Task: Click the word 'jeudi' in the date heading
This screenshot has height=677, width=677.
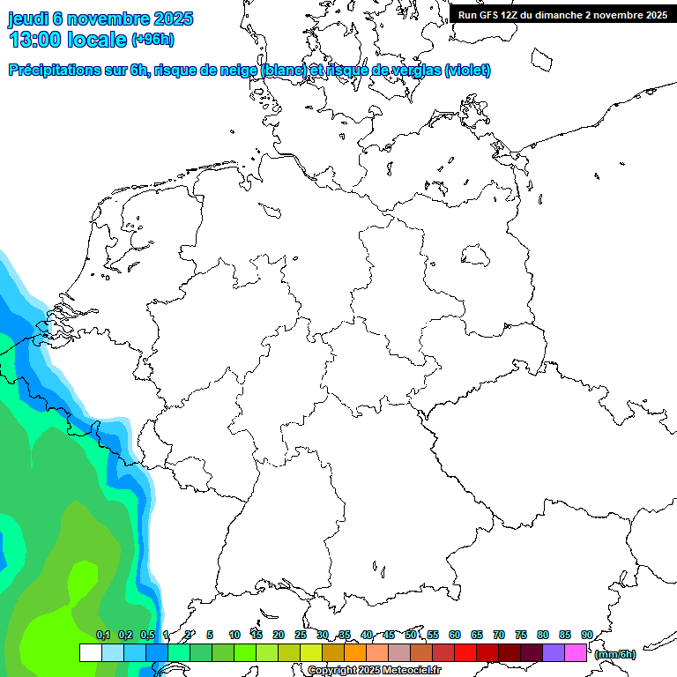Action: click(29, 19)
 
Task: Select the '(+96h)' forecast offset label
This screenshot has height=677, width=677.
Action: click(153, 40)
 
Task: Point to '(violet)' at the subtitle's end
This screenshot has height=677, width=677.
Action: click(468, 71)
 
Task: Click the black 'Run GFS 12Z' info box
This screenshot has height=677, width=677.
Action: click(562, 15)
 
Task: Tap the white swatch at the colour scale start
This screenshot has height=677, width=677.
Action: click(90, 653)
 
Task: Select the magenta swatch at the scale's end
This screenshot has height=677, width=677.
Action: click(576, 653)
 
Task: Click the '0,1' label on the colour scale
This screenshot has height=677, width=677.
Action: click(103, 636)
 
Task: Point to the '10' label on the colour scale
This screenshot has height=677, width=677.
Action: click(234, 636)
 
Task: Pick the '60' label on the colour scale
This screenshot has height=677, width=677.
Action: click(455, 636)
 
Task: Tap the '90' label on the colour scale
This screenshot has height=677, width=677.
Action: click(587, 636)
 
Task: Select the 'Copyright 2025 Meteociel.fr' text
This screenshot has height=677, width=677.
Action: click(374, 671)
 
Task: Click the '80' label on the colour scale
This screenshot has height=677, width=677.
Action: click(543, 636)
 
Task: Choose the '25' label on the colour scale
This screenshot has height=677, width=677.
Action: click(301, 636)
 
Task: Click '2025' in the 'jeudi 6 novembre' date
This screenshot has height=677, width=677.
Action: click(172, 19)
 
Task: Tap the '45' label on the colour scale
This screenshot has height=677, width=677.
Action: click(389, 636)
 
